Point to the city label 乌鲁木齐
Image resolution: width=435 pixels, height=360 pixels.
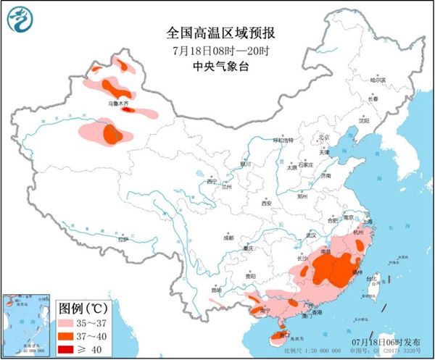[x=118, y=104]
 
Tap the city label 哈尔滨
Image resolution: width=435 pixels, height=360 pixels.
[x=379, y=80]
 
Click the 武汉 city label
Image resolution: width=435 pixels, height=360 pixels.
[x=312, y=235]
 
